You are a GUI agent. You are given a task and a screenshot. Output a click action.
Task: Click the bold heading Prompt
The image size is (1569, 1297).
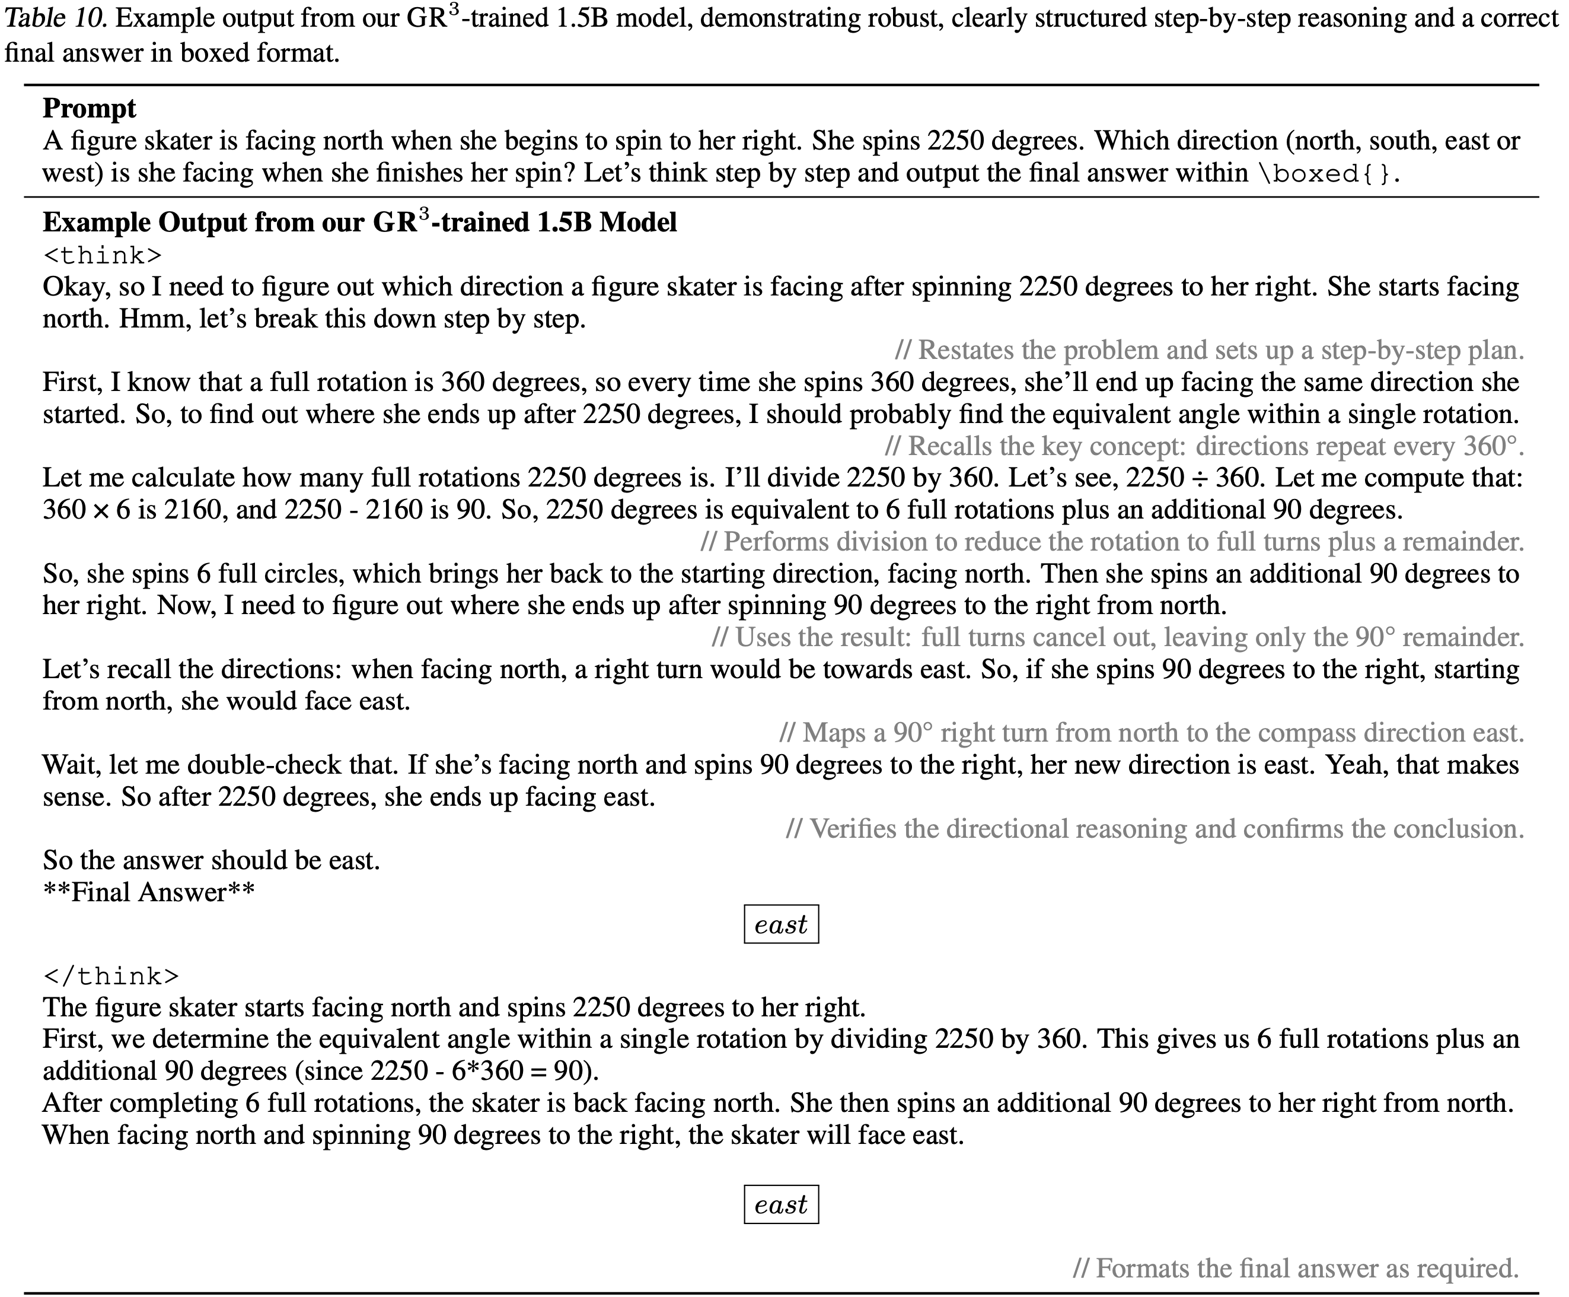(89, 109)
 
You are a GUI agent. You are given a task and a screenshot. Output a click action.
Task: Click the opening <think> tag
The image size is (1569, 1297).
(103, 256)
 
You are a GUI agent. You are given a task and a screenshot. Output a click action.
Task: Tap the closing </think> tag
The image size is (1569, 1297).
(110, 976)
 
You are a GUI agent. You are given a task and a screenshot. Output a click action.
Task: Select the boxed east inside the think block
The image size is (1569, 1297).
(780, 924)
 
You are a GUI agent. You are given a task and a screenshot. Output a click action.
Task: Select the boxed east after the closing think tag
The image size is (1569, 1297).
(780, 1204)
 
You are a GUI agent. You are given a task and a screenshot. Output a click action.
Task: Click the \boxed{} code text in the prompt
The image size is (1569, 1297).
(1325, 173)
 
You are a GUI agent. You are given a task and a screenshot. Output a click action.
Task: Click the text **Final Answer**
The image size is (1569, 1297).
(149, 892)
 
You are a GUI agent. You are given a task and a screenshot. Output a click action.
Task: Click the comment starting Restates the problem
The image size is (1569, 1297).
(1210, 351)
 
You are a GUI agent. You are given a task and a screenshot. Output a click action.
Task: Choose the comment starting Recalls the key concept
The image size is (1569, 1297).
(1204, 446)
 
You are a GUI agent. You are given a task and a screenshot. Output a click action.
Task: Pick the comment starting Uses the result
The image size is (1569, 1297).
(1118, 637)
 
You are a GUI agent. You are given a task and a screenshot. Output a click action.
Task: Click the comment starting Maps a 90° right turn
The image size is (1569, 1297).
(1151, 733)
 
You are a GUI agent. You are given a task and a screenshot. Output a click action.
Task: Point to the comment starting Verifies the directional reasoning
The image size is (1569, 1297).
(1155, 828)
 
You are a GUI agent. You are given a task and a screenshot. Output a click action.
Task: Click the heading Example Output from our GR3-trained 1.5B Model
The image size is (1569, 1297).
(359, 222)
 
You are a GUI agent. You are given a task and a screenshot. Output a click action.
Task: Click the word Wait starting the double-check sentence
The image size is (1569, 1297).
(72, 765)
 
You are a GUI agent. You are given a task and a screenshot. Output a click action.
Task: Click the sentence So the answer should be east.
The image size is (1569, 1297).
(211, 861)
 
